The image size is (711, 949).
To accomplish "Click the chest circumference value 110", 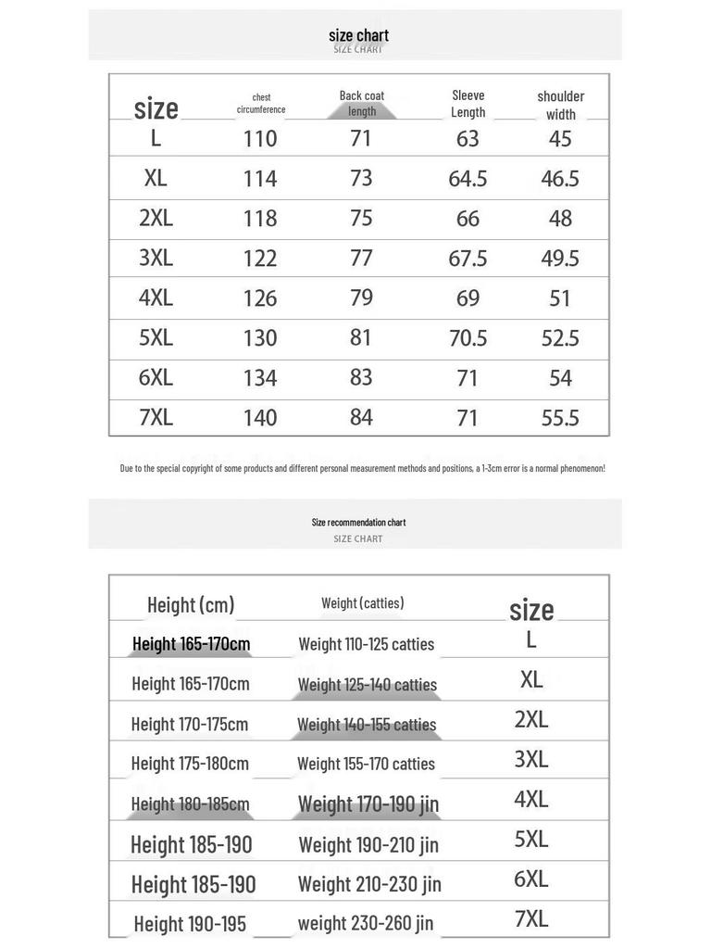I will pos(260,139).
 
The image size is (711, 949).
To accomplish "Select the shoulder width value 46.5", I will pos(560,179).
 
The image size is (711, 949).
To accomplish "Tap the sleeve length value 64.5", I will pos(468,179).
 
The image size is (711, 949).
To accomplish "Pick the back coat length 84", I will pos(361,417).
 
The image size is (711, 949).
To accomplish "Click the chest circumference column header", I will pos(261,103).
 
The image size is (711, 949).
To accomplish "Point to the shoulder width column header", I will pos(560,105).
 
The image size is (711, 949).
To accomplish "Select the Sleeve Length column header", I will pos(468,103).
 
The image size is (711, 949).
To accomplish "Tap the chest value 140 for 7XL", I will pos(260,418).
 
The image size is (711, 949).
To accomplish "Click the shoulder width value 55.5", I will pos(560,418).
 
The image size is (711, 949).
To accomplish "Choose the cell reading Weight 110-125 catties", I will pos(366,644).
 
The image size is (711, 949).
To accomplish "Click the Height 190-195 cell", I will pos(190,923).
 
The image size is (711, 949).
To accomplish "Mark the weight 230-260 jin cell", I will pos(366,923).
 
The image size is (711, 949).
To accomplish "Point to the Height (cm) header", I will pos(191,605).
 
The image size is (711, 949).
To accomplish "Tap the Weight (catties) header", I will pos(362,603).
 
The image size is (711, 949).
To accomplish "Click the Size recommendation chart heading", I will pos(358,523).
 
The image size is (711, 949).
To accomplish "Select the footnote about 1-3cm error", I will pos(362,468).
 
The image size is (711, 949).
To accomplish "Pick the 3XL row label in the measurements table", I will pos(156,258).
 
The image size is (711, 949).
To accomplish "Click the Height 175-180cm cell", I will pos(190,764).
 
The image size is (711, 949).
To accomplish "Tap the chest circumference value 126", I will pos(260,298).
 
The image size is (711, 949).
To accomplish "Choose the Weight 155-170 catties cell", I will pos(366,764).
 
